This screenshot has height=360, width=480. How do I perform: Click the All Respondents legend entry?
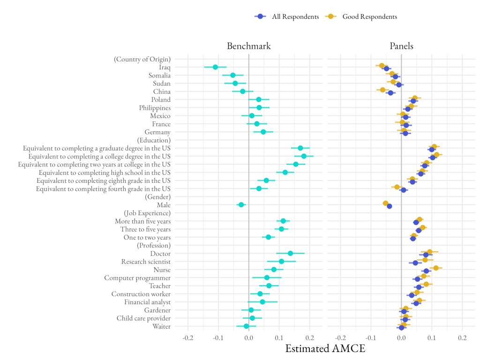tap(287, 16)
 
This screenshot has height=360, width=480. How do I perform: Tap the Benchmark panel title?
tap(248, 46)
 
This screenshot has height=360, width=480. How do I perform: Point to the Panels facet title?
tap(401, 46)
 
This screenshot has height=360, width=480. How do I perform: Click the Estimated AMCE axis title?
tap(325, 349)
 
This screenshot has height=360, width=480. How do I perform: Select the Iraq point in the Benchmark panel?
tap(215, 67)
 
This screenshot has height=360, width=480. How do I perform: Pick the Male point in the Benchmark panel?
tap(241, 205)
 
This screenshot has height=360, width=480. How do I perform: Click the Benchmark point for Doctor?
tap(290, 253)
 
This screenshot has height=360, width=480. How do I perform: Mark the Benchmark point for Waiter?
tap(246, 326)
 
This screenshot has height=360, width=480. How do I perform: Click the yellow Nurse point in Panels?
tap(436, 268)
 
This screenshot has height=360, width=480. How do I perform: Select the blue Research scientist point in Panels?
tap(415, 263)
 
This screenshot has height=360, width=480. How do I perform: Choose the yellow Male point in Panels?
tap(385, 203)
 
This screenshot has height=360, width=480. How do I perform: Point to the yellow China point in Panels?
tap(382, 90)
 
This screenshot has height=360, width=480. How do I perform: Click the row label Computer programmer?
tap(137, 278)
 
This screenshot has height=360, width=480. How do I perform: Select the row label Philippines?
tap(155, 108)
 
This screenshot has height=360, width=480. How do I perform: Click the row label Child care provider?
tap(143, 318)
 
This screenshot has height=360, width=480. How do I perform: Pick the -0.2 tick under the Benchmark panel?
tap(187, 337)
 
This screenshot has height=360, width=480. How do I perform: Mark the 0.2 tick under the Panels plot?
tap(462, 337)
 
